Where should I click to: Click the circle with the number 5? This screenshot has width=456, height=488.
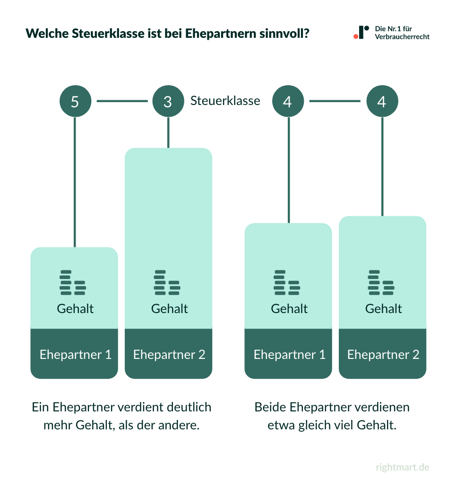point(75,101)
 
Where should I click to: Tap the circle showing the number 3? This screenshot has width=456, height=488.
point(168,101)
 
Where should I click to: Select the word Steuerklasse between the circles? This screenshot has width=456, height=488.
point(225,101)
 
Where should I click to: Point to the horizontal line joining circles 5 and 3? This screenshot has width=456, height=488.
point(122,101)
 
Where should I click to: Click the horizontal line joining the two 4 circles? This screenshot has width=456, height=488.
point(335,101)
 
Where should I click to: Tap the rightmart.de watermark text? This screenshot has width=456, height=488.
point(403,467)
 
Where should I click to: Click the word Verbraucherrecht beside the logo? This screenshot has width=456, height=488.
point(402,37)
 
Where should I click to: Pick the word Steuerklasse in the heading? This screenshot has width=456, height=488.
point(101,34)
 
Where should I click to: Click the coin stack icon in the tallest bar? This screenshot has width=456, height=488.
point(167,283)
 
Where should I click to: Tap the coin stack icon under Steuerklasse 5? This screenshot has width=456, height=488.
point(73,283)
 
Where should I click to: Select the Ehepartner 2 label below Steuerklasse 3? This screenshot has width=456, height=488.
point(169,355)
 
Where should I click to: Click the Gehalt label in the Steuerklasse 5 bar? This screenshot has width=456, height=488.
point(75,309)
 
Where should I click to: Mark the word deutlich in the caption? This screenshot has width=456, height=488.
point(189,407)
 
